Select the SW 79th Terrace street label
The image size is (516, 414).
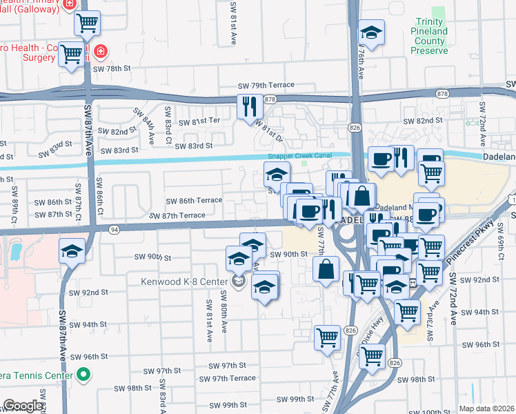[x=266, y=84]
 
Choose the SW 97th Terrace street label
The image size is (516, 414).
[x=227, y=378]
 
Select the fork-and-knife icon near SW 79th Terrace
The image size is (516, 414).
[x=249, y=106]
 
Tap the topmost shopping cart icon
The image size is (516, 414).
[x=87, y=23]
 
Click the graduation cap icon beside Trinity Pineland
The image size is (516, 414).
[x=371, y=32]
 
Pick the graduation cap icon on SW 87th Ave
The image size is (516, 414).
[x=72, y=251]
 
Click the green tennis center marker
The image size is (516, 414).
[x=83, y=375]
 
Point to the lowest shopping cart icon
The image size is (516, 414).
[x=372, y=355]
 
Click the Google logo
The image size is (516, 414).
[x=23, y=406]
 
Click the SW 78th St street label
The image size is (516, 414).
[x=111, y=68]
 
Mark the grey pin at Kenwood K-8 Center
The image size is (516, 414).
[x=239, y=282]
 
